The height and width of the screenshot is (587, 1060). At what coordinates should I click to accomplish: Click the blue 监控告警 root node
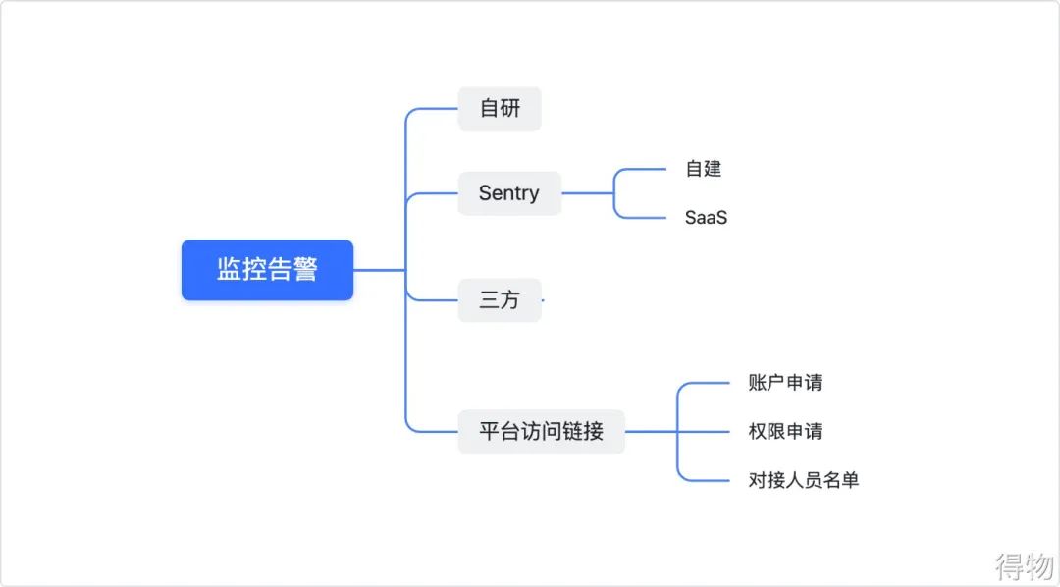pyautogui.click(x=267, y=270)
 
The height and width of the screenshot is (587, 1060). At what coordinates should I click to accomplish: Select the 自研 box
pyautogui.click(x=500, y=108)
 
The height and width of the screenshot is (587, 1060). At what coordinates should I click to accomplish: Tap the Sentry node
pyautogui.click(x=509, y=193)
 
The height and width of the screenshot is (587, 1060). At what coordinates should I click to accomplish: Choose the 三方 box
pyautogui.click(x=500, y=300)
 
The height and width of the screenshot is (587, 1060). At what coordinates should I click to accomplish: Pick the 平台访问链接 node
pyautogui.click(x=541, y=431)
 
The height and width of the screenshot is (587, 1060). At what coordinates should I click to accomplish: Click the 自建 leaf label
pyautogui.click(x=703, y=169)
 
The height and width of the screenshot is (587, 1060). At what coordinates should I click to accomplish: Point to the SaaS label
pyautogui.click(x=706, y=218)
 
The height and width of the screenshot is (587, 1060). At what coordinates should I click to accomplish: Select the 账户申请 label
pyautogui.click(x=785, y=383)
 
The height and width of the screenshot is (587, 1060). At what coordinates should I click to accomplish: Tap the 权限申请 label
pyautogui.click(x=785, y=431)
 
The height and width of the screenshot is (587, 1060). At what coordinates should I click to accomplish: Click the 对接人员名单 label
pyautogui.click(x=804, y=480)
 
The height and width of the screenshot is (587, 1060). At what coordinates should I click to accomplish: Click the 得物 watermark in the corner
pyautogui.click(x=1024, y=565)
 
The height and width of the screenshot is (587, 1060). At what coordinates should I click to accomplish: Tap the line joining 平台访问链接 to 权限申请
pyautogui.click(x=687, y=431)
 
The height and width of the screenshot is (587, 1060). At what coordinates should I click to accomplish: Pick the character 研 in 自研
pyautogui.click(x=510, y=108)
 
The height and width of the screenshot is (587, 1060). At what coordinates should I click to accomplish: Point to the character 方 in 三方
pyautogui.click(x=510, y=300)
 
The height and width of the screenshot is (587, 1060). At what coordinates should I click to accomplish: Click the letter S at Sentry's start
pyautogui.click(x=485, y=193)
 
